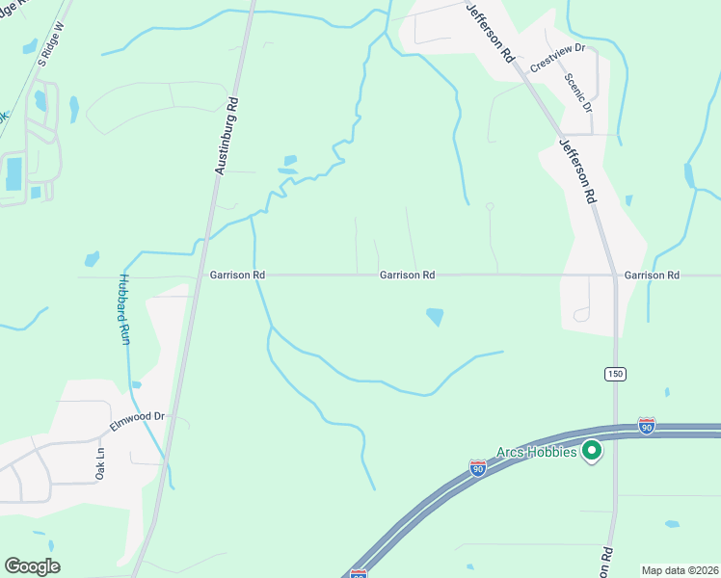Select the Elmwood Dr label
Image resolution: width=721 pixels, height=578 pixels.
pyautogui.click(x=139, y=417)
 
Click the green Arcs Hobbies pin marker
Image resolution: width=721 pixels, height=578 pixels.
pyautogui.click(x=593, y=450)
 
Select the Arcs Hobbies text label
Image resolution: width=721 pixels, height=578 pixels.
pyautogui.click(x=537, y=452)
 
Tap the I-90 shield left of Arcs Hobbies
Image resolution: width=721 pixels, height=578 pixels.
pyautogui.click(x=478, y=467)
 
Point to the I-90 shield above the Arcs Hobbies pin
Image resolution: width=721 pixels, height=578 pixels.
pyautogui.click(x=647, y=425)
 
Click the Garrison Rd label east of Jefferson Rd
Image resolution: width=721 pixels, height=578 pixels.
pyautogui.click(x=652, y=276)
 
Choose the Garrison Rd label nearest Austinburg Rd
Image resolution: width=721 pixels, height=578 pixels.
pyautogui.click(x=237, y=276)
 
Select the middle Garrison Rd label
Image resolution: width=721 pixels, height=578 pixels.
pyautogui.click(x=407, y=276)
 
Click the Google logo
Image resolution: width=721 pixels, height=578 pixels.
pyautogui.click(x=32, y=566)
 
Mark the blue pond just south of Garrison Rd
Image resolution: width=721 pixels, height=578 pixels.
pyautogui.click(x=435, y=316)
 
